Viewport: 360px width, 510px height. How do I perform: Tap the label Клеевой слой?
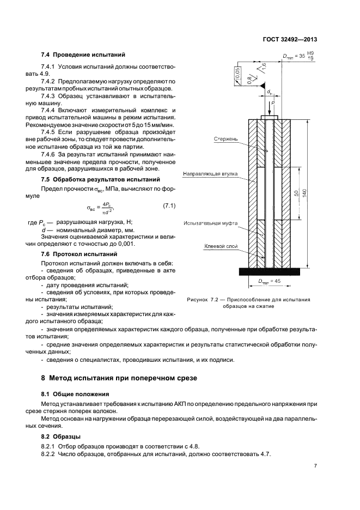coord(223,246)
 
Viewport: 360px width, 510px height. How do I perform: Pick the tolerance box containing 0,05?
coord(237,76)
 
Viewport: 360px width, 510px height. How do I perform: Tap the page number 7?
coord(315,466)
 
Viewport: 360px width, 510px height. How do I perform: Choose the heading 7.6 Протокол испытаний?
coord(80,254)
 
